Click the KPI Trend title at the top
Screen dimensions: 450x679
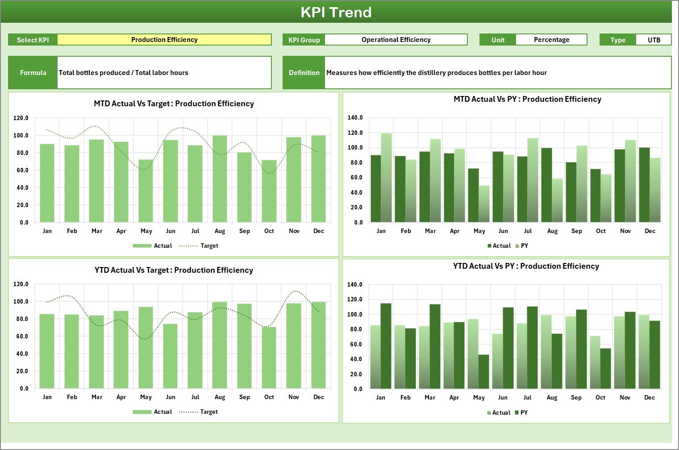[336, 12]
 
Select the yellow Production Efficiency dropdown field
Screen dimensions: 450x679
[164, 40]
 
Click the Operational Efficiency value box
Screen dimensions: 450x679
[396, 40]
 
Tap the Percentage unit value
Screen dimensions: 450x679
[551, 40]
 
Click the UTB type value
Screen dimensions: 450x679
[654, 40]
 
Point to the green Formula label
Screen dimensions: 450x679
[33, 73]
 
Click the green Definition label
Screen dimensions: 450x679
[304, 73]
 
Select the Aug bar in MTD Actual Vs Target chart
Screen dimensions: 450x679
[220, 179]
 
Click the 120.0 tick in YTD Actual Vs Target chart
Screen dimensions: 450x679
[21, 284]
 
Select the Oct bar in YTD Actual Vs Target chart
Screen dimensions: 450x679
[269, 358]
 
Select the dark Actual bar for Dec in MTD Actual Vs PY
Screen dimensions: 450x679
[644, 185]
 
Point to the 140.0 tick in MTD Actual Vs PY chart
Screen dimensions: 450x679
[355, 118]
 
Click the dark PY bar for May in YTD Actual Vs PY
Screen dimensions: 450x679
[483, 371]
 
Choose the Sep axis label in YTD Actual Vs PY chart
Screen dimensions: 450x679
[576, 397]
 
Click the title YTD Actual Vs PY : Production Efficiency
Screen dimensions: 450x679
[526, 266]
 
